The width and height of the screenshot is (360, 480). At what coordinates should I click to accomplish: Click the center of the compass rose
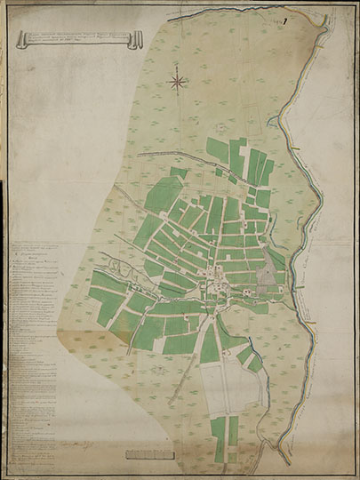tap(178, 83)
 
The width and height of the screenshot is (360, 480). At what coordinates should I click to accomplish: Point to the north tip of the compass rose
tap(178, 66)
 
